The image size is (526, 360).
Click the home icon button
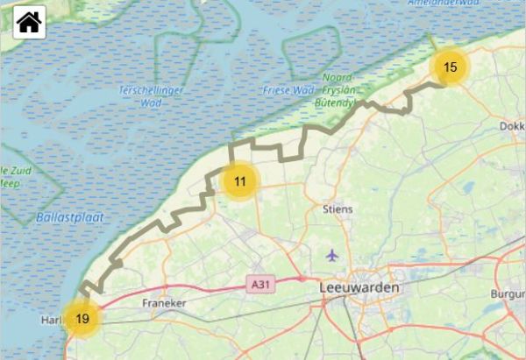(29, 22)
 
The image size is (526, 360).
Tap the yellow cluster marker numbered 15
(451, 67)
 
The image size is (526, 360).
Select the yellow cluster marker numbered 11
(239, 181)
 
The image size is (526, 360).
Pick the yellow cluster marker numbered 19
(82, 319)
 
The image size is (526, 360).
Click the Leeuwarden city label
(359, 287)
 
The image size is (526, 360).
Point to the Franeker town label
(164, 302)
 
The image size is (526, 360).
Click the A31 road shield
(259, 285)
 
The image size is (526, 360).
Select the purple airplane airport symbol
(331, 256)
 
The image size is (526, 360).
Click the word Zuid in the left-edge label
(22, 169)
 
